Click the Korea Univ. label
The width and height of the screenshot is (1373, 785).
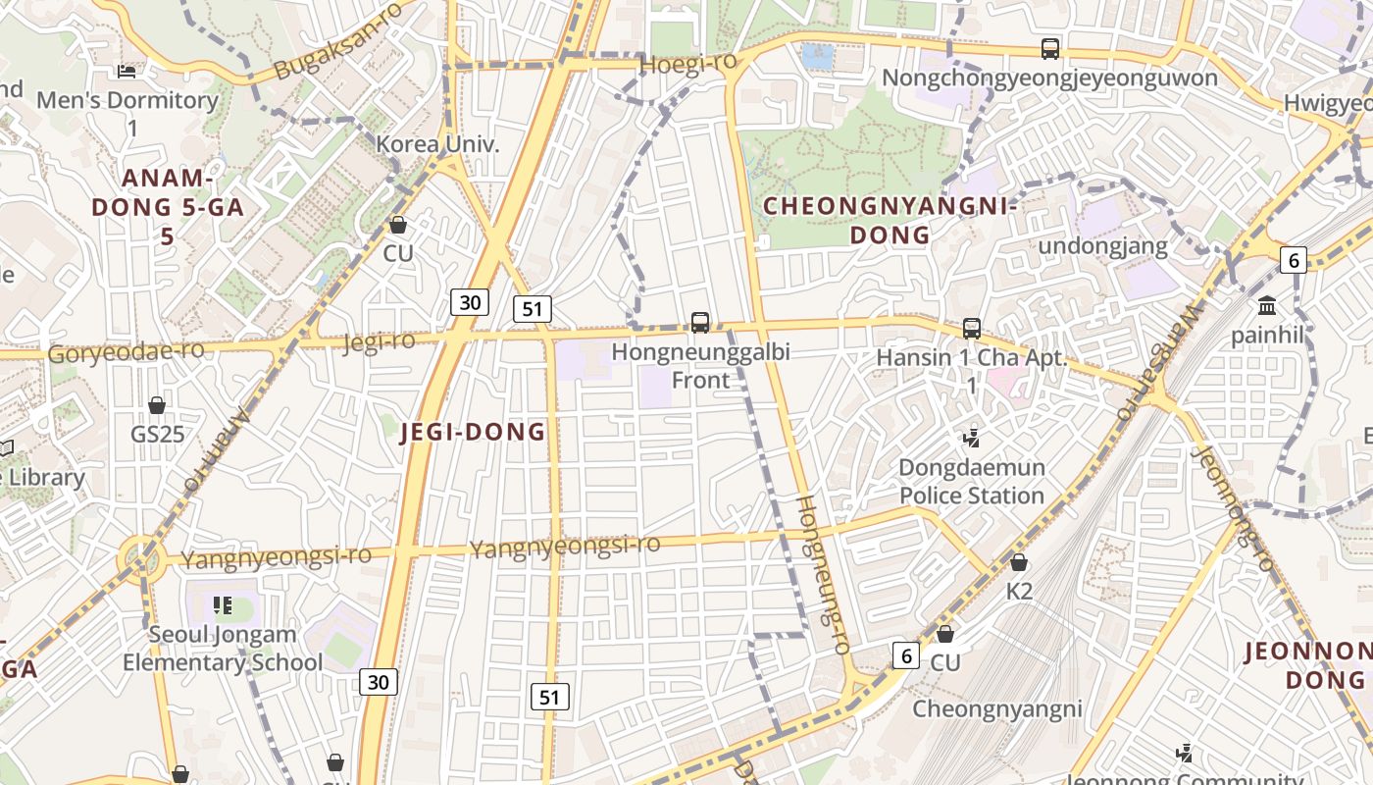438,143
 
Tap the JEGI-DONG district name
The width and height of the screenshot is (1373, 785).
473,432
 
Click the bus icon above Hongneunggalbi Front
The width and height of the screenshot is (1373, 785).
700,322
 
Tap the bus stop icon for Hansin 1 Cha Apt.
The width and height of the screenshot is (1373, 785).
972,329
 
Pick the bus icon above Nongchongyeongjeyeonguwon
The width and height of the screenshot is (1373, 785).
1050,48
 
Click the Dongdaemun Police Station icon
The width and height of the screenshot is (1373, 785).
972,438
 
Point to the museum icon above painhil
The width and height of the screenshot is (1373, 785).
1267,305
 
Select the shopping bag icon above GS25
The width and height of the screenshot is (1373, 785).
157,404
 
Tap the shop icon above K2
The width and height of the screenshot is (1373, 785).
1019,562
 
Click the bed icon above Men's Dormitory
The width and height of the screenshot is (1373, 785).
127,71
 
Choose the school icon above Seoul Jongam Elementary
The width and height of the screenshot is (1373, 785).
223,605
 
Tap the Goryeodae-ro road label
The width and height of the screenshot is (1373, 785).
126,351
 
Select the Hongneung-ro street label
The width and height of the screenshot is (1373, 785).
822,575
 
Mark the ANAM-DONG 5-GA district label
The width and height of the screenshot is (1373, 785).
168,207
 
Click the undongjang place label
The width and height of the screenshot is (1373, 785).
1103,245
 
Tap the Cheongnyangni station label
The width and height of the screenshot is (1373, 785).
997,708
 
